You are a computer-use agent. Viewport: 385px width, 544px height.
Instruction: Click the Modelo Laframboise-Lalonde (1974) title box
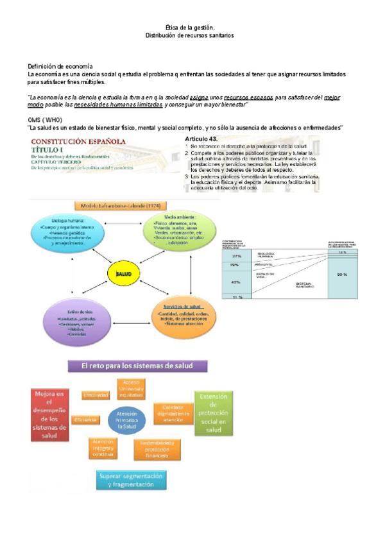click(x=121, y=206)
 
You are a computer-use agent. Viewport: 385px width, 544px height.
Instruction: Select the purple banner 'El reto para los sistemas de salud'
click(x=139, y=367)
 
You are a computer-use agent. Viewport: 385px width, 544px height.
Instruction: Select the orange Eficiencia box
click(x=85, y=420)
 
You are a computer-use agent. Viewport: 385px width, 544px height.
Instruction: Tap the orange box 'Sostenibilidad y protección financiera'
click(x=157, y=448)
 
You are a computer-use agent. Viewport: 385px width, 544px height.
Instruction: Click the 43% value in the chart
click(x=236, y=282)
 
